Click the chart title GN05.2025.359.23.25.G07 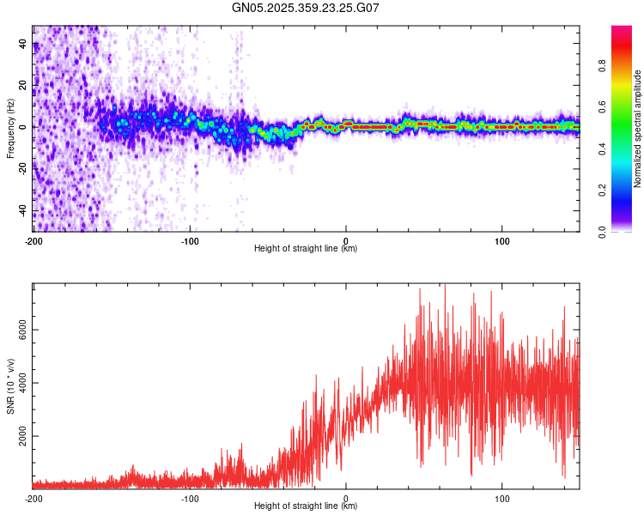click(306, 8)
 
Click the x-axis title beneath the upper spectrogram click(306, 249)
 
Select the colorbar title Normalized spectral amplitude click(638, 129)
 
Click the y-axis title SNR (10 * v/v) click(10, 386)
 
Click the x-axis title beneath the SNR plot click(306, 506)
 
